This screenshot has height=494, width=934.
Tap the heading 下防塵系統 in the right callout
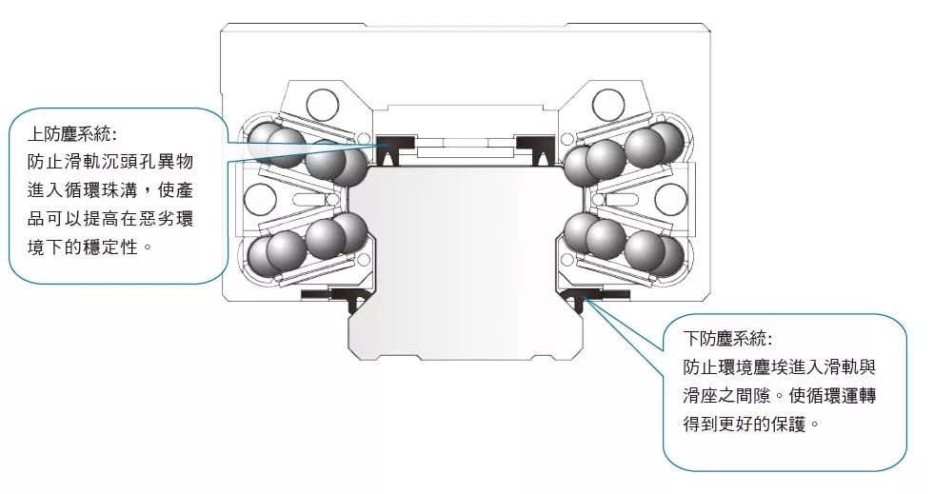(727, 339)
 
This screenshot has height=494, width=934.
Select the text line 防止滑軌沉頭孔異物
(110, 162)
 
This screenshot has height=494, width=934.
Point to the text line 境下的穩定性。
(89, 247)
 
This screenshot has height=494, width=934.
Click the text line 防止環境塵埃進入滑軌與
(779, 367)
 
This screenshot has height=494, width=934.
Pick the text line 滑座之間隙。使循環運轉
(779, 396)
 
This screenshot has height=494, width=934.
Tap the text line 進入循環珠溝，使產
(110, 190)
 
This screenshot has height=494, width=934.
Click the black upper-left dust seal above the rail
(395, 150)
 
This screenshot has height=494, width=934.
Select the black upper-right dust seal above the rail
(535, 150)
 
